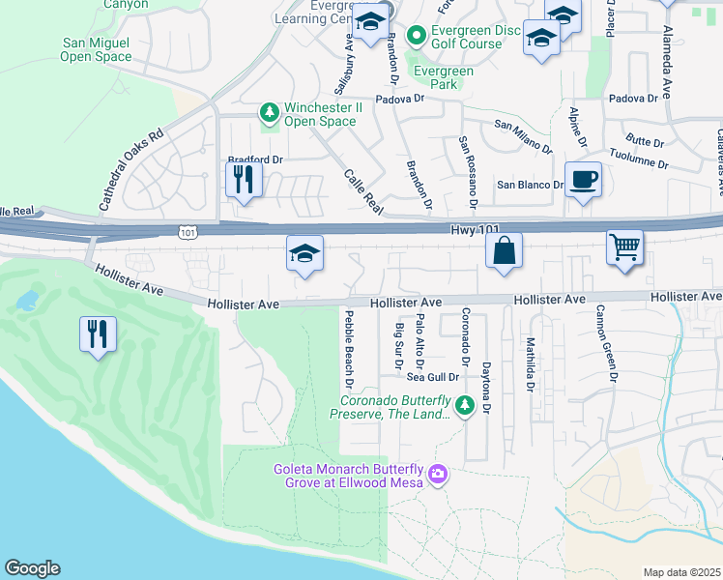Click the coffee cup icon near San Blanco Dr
(x=583, y=181)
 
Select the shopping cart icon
(x=625, y=246)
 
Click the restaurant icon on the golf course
(x=99, y=334)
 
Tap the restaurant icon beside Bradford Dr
(x=244, y=179)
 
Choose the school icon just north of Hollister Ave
(x=304, y=255)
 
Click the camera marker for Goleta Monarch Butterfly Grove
(x=437, y=473)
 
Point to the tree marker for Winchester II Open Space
(x=269, y=113)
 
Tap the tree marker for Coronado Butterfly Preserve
(x=465, y=405)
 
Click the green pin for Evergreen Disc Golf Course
(x=417, y=37)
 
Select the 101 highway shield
(x=188, y=232)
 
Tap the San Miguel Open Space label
(x=97, y=49)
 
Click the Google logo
(x=32, y=568)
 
